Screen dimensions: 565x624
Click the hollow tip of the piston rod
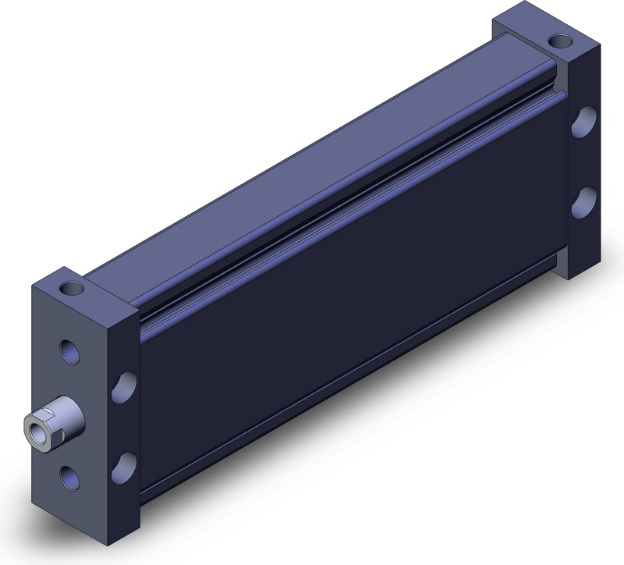point(34,426)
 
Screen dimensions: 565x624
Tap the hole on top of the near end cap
point(73,286)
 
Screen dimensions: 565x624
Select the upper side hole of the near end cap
point(125,386)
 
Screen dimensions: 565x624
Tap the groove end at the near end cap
point(144,316)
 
